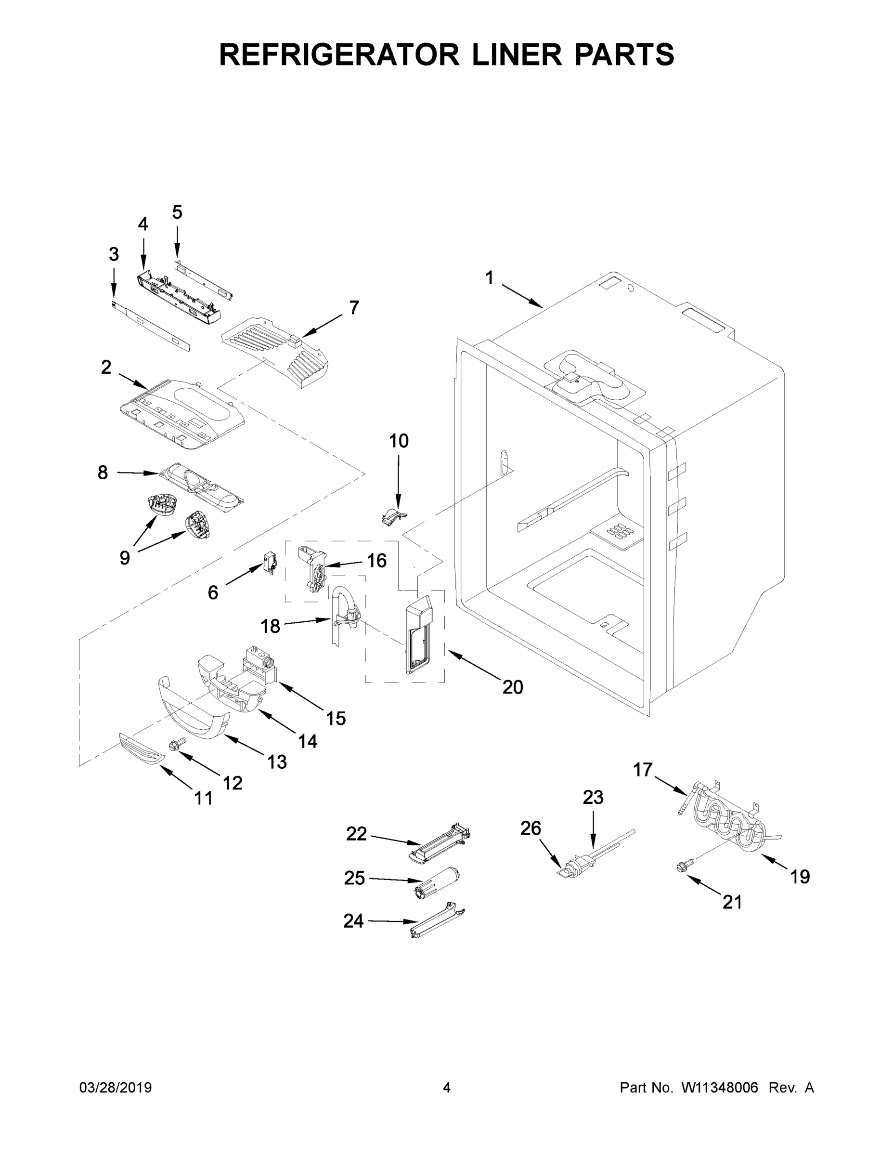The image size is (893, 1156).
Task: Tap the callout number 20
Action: tap(512, 687)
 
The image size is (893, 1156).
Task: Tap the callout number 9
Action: tap(124, 557)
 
